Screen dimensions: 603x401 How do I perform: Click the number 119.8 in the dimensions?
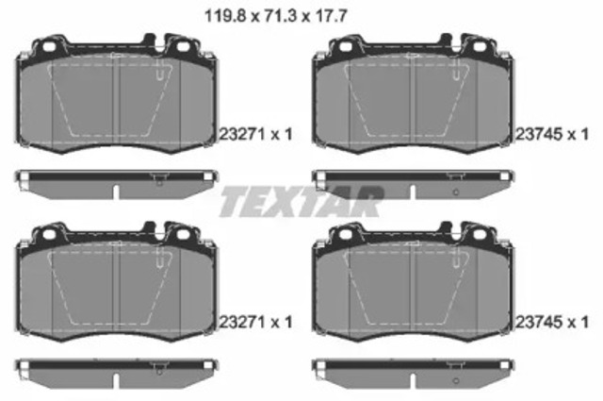[x=225, y=17]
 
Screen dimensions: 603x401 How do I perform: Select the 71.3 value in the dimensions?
[x=281, y=17]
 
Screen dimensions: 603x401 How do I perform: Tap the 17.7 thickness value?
[x=332, y=17]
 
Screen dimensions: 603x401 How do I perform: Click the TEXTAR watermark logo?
[x=301, y=202]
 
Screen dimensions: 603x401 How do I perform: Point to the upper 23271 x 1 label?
[x=255, y=134]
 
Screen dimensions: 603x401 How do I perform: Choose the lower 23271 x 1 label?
[x=255, y=322]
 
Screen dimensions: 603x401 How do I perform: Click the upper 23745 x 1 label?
[x=552, y=134]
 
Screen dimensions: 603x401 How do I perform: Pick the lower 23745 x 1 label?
[x=552, y=322]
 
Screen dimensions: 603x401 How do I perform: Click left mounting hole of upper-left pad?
[x=49, y=47]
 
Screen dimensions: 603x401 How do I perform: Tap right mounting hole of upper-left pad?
[x=184, y=47]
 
